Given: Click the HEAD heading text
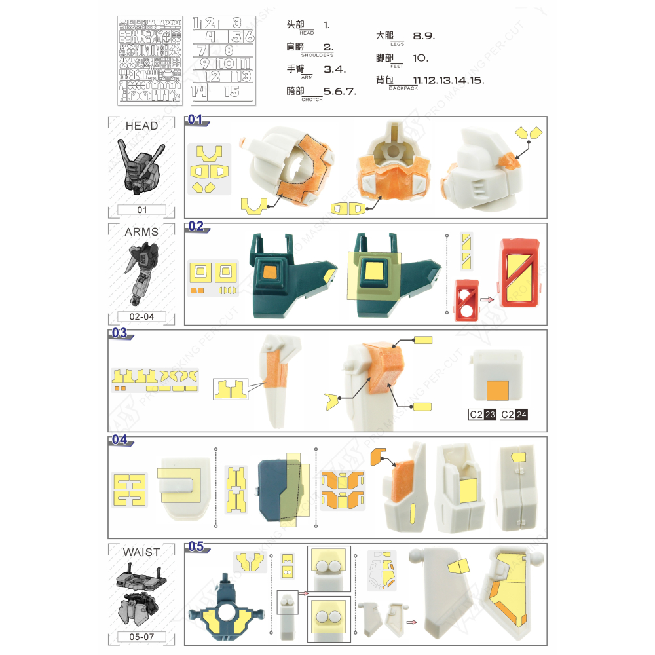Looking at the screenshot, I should click(x=142, y=126).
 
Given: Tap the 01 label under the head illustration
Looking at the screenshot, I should click(x=142, y=210).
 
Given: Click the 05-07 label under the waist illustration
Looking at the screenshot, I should click(x=142, y=636).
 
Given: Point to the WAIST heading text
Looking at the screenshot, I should click(x=141, y=552).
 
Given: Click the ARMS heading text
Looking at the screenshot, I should click(x=141, y=232).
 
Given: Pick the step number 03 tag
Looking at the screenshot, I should click(x=120, y=333).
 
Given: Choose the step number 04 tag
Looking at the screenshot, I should click(x=120, y=440).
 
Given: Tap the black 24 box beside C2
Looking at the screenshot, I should click(x=521, y=414).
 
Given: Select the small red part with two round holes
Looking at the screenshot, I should click(x=466, y=301).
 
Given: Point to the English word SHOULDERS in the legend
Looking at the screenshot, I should click(x=317, y=56).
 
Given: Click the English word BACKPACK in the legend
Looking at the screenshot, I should click(x=402, y=87).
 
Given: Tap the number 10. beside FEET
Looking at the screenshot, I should click(x=421, y=58).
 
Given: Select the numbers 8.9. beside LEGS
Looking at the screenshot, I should click(x=424, y=36).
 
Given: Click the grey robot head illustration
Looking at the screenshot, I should click(x=141, y=166).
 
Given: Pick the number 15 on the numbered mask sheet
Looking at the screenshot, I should click(x=231, y=92).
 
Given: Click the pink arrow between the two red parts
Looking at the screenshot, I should click(x=487, y=300).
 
